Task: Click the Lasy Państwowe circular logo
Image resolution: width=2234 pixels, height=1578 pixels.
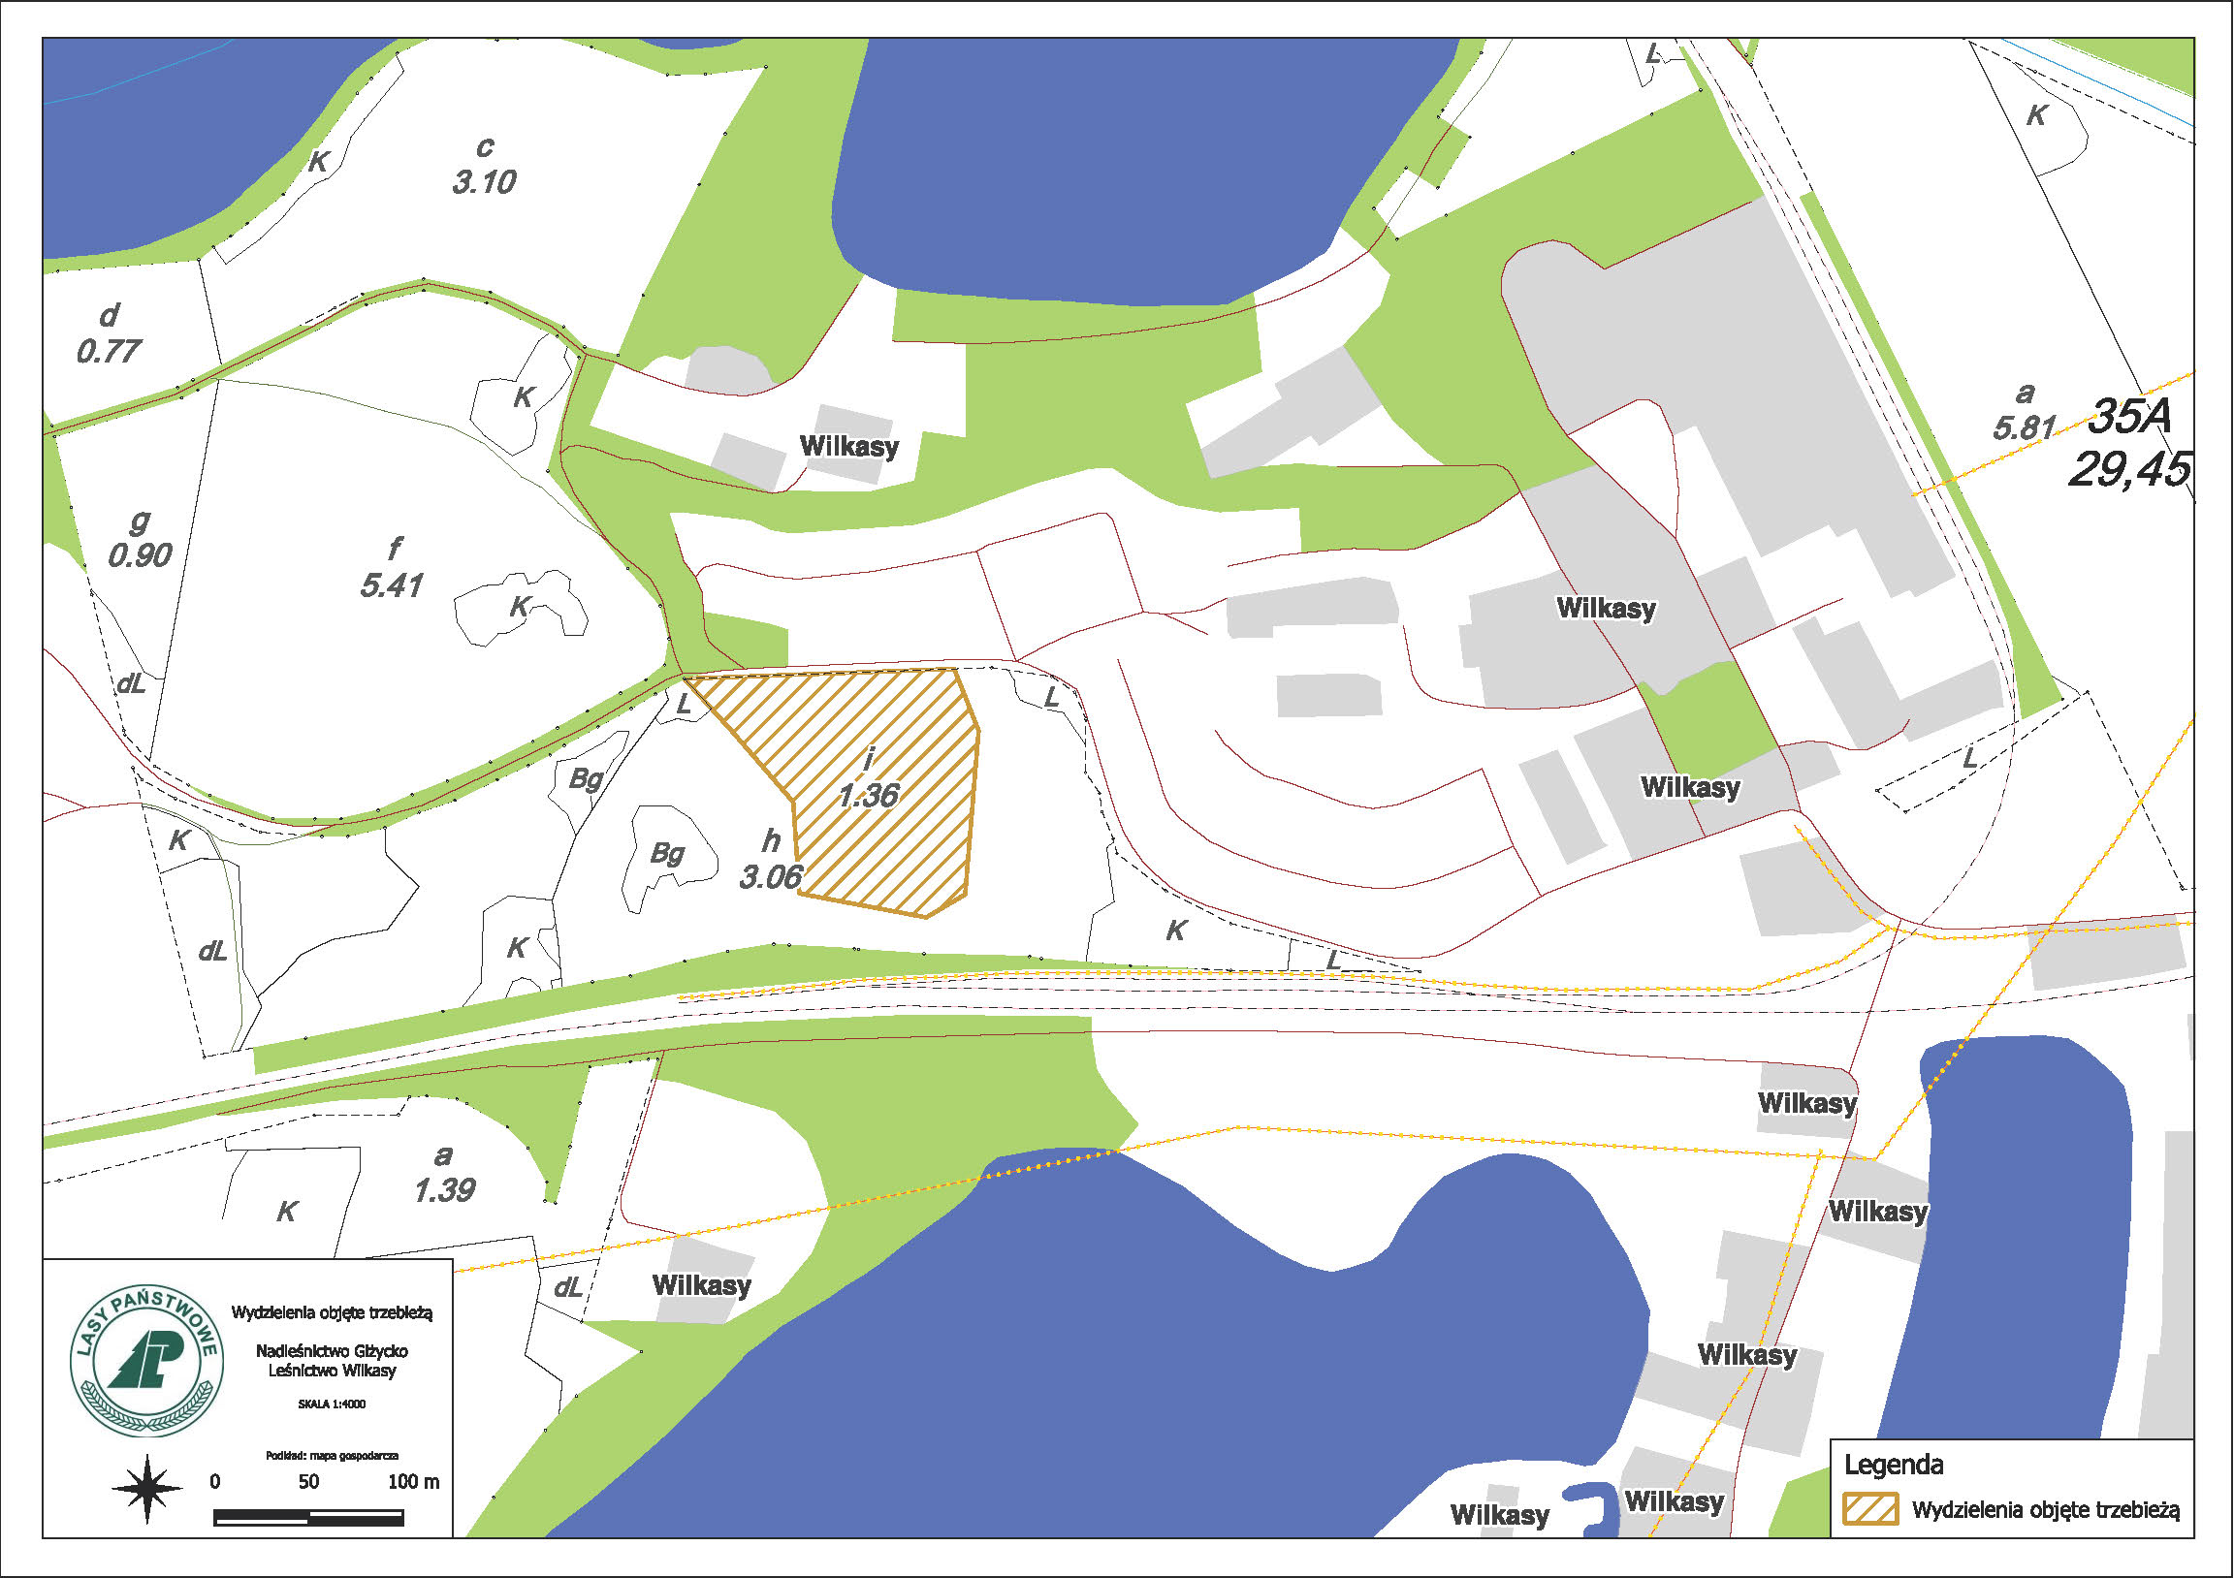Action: click(x=146, y=1361)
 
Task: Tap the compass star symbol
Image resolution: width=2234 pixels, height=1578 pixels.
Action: click(x=147, y=1489)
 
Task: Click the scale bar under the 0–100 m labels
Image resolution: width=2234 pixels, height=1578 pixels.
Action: click(x=308, y=1517)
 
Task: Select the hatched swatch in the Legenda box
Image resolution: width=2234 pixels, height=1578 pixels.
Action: click(x=1870, y=1509)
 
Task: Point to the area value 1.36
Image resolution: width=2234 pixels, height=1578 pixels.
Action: click(x=868, y=796)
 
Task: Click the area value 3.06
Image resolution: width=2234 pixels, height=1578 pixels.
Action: click(x=771, y=877)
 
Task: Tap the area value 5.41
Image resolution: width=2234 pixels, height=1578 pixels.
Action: click(x=391, y=585)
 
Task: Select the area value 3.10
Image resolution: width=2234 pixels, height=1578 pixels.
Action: click(x=484, y=182)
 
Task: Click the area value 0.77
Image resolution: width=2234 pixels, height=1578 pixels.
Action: click(x=109, y=350)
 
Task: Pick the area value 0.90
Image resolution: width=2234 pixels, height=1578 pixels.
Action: click(x=141, y=555)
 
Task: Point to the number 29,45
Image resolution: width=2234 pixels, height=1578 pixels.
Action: click(x=2129, y=471)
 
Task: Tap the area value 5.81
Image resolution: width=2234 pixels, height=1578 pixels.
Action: click(x=2024, y=427)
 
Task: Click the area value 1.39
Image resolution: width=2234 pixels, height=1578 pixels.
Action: click(x=444, y=1190)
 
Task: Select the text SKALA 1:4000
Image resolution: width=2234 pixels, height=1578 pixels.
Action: click(x=332, y=1404)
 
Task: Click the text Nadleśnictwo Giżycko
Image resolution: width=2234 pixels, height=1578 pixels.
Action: click(x=332, y=1351)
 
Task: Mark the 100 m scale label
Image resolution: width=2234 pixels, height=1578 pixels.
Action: click(x=413, y=1482)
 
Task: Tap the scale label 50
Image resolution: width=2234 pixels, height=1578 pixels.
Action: click(x=308, y=1482)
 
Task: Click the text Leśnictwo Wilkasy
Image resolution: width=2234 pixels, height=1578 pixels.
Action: click(x=332, y=1371)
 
